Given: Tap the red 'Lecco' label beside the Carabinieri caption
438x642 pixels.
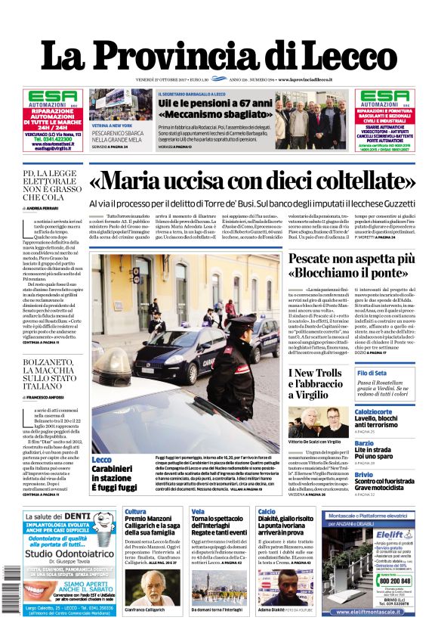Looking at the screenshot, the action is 101,460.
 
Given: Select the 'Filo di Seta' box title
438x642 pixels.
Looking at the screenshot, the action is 372,374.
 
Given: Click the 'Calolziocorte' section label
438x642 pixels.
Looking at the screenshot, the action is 378,412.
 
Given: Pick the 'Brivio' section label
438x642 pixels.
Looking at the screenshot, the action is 363,474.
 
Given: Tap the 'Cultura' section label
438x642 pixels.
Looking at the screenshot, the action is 135,512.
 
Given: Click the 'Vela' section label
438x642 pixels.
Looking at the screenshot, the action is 198,512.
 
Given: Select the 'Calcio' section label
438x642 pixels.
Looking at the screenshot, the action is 267,512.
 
